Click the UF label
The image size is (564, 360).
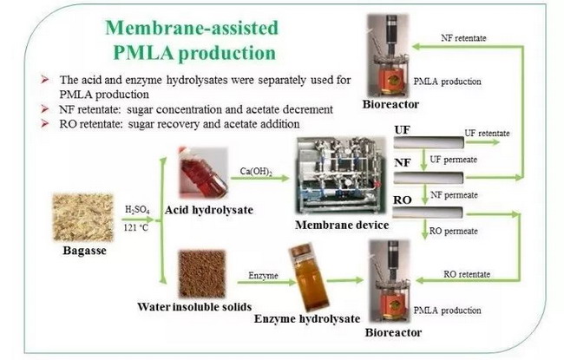pos(403,131)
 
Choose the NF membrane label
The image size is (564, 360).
pos(403,163)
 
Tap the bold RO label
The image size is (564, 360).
pos(403,200)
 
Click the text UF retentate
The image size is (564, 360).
pos(487,133)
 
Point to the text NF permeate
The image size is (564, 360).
pos(453,194)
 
